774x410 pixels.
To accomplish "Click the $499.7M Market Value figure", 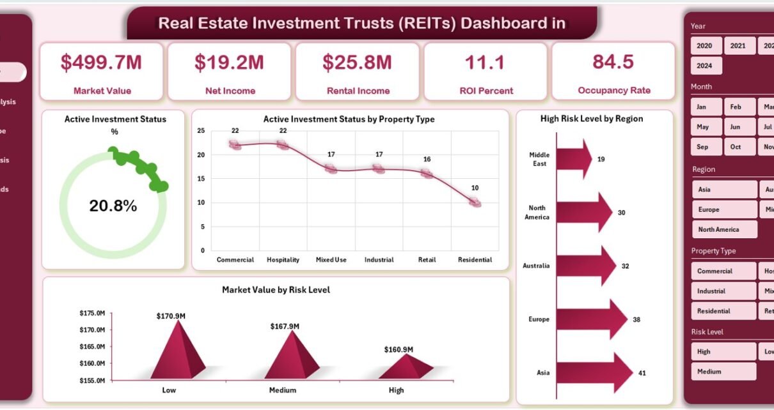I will point(101,62).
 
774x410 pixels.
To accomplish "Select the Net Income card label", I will point(230,91).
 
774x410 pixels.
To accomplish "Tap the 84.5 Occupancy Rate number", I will point(613,61).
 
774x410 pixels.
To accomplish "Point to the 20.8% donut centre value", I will point(113,206).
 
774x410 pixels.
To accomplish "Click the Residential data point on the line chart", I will point(475,202).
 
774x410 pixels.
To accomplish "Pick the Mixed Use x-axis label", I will point(331,260).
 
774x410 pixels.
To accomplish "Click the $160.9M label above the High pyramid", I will point(399,349).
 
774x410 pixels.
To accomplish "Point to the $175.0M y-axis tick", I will point(92,313).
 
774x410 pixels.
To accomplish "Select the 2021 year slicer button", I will point(738,46).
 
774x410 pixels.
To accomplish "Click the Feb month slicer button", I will point(736,107).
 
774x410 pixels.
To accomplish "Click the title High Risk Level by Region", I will point(592,119).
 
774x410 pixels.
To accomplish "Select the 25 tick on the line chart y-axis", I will point(201,131).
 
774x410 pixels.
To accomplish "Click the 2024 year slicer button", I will point(705,66).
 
